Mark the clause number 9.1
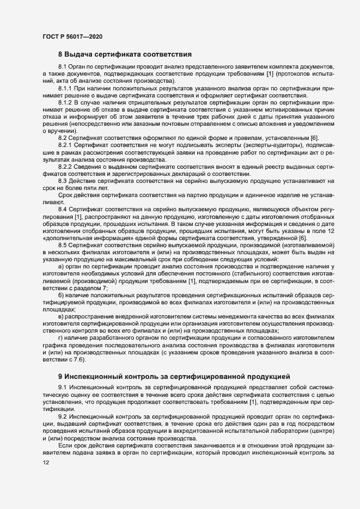[62, 387]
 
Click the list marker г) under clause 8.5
[62, 338]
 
